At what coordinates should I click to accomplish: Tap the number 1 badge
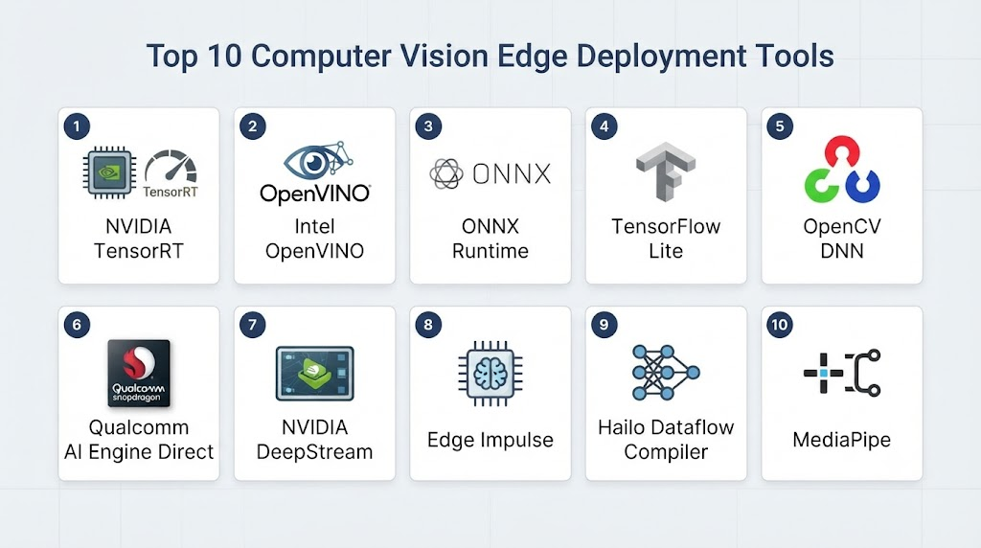pos(77,126)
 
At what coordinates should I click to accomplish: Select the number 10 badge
pos(780,325)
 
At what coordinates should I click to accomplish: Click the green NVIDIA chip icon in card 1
pos(109,172)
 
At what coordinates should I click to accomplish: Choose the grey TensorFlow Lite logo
pos(666,171)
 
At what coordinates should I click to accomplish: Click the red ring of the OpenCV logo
pos(841,151)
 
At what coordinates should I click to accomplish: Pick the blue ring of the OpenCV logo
pos(863,185)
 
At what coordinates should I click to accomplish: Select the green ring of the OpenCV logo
pos(821,185)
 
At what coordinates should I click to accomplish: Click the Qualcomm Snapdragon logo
pos(139,373)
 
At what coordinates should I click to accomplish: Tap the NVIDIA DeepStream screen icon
pos(314,374)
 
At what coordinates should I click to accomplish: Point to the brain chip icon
pos(490,374)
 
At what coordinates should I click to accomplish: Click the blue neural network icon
pos(666,373)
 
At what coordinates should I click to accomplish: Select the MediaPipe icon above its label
pos(842,373)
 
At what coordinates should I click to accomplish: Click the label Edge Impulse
pos(490,440)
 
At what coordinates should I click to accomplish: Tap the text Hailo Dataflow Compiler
pos(666,439)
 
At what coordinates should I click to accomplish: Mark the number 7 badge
pos(253,325)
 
